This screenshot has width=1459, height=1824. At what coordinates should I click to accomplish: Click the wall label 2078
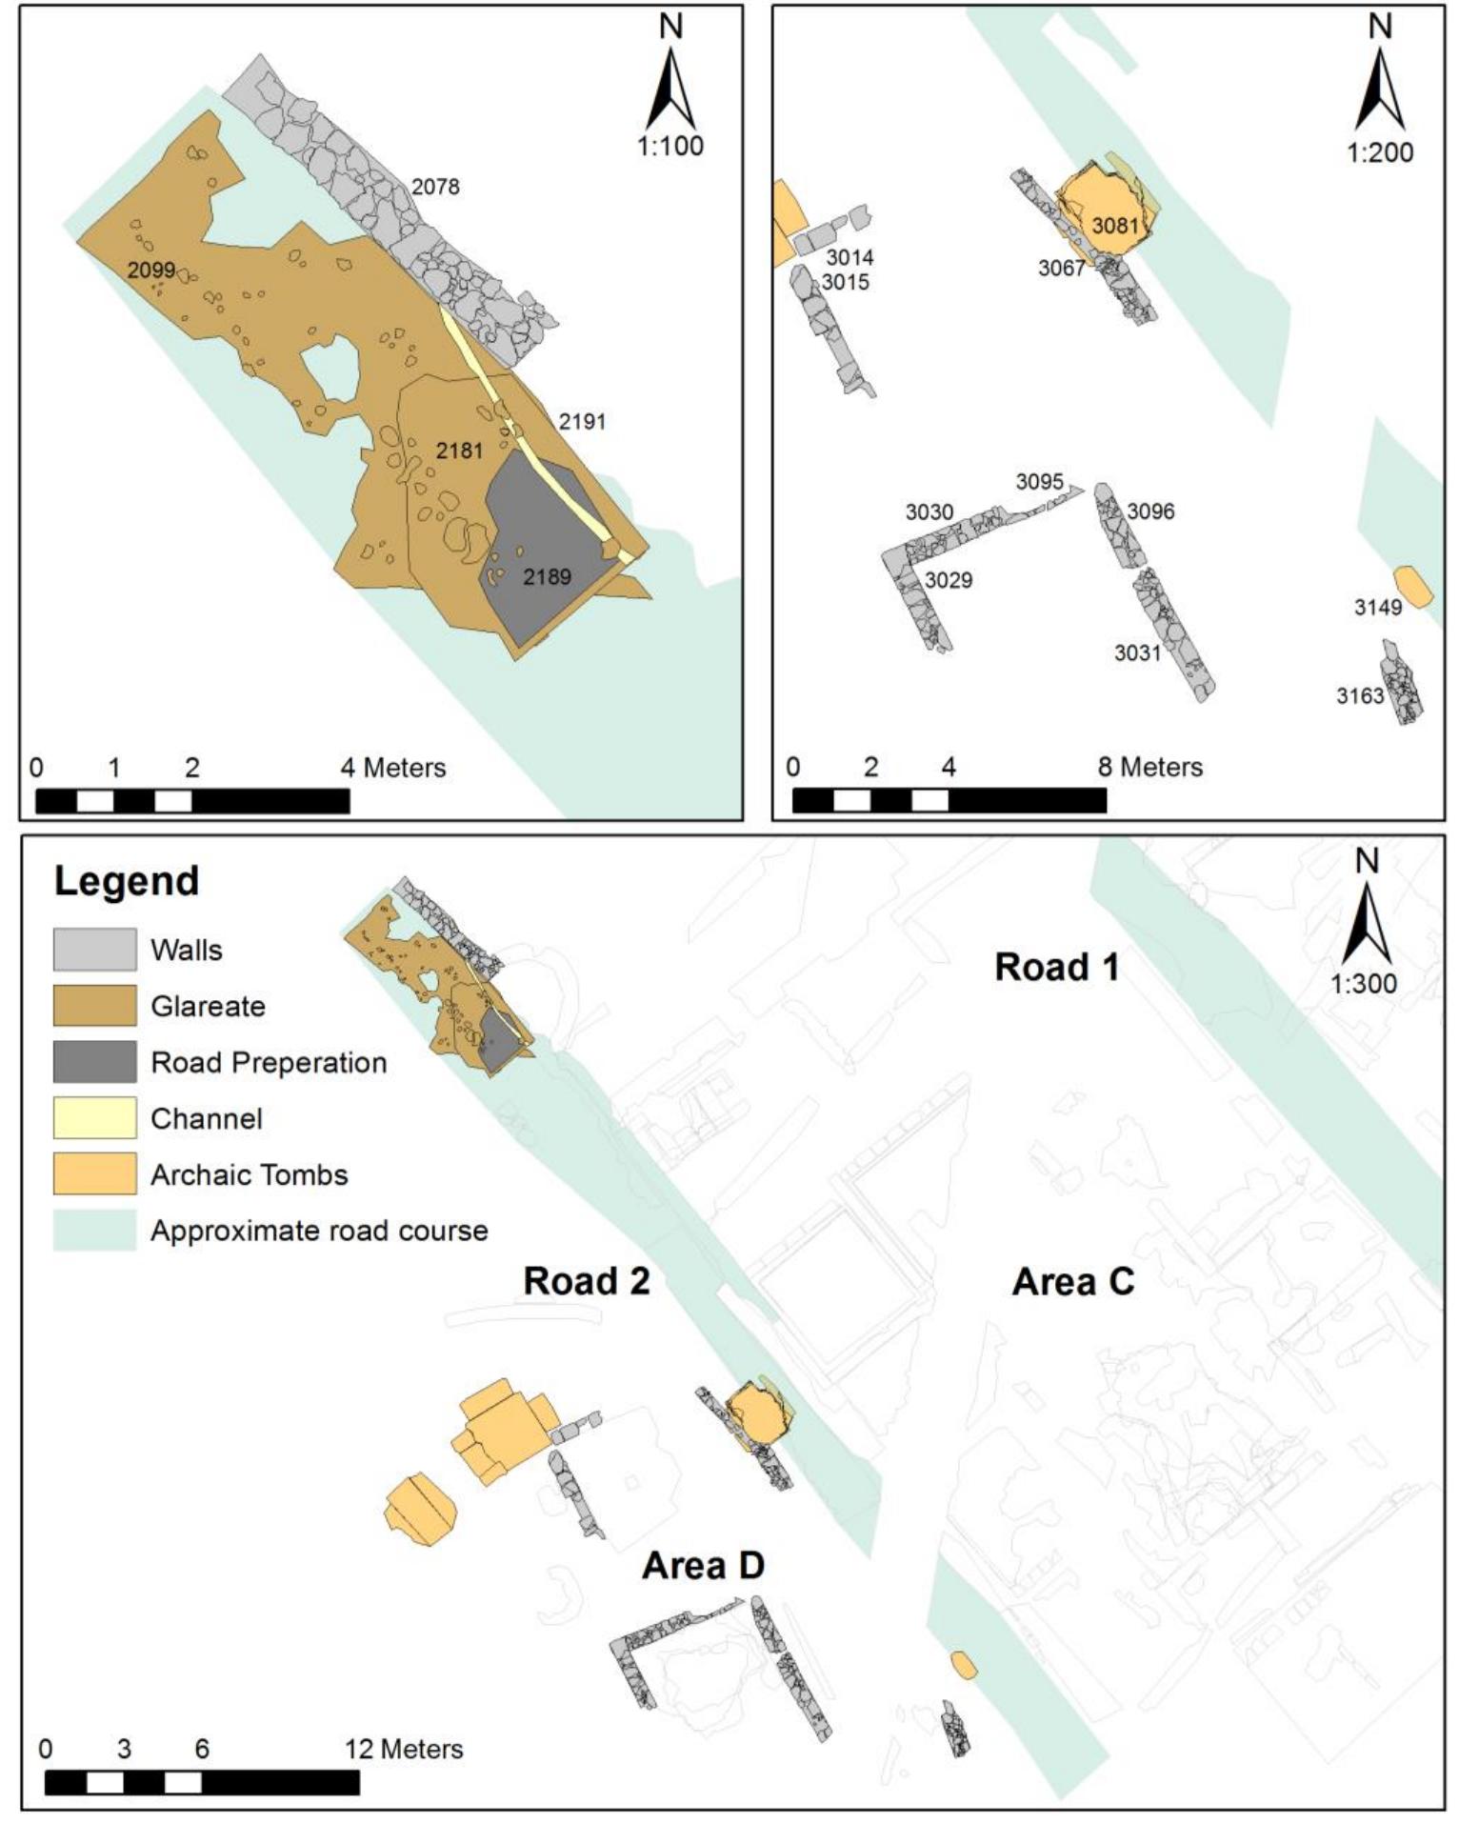tap(435, 187)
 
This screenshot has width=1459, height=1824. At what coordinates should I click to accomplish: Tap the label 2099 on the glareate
tap(151, 270)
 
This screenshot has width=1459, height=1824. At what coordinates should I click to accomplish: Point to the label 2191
tap(582, 421)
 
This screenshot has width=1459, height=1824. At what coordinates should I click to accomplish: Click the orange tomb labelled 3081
tap(1109, 214)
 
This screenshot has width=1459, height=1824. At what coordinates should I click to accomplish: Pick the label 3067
tap(1061, 269)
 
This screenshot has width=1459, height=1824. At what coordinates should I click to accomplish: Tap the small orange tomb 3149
tap(1412, 586)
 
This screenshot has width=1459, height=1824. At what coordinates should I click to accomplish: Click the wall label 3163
tap(1359, 696)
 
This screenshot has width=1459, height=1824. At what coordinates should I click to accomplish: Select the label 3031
tap(1138, 652)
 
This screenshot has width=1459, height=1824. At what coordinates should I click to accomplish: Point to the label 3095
tap(1039, 481)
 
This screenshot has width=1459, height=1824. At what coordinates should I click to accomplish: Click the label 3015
tap(845, 282)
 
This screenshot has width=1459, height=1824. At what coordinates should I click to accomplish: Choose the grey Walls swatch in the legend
tap(94, 950)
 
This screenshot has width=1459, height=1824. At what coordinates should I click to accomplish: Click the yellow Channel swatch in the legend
tap(94, 1117)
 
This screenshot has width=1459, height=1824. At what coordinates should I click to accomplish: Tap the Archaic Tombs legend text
tap(249, 1174)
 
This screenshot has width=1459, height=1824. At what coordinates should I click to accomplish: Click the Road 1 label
tap(1056, 967)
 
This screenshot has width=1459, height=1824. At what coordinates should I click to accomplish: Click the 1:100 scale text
tap(670, 146)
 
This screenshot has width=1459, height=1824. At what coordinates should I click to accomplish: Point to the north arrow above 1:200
tap(1379, 86)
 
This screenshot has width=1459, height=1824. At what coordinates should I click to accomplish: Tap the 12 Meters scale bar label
tap(404, 1749)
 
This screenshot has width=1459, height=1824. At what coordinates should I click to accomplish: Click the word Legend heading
tap(127, 880)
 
